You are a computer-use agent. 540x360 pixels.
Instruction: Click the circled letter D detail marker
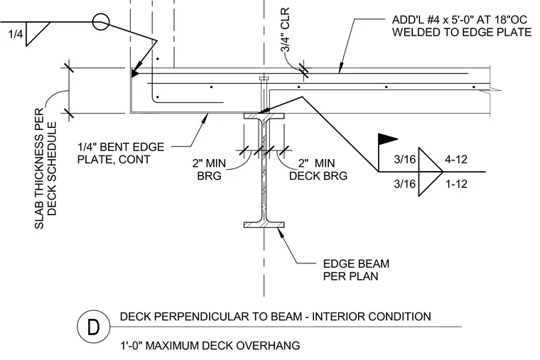tap(93, 327)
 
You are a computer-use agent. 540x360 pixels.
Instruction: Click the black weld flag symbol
tap(388, 138)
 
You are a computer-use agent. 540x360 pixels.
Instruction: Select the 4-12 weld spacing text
tap(456, 159)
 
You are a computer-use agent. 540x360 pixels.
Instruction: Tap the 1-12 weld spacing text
tap(456, 184)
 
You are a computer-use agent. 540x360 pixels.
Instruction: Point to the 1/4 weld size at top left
tap(16, 34)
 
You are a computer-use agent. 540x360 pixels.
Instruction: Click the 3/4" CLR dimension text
tap(286, 30)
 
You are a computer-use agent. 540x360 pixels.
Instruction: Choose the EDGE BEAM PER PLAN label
tap(356, 270)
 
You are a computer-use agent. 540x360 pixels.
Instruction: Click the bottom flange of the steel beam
tap(264, 225)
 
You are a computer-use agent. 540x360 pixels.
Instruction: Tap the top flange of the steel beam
tap(264, 116)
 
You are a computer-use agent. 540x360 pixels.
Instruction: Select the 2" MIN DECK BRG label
tap(318, 169)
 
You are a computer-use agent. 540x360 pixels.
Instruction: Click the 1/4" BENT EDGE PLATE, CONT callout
tap(121, 153)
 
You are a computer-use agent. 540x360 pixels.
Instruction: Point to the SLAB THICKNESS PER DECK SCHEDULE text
tap(45, 168)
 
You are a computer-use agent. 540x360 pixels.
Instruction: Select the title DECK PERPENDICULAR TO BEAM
tap(213, 316)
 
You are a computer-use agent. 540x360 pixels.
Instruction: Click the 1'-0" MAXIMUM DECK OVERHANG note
tap(210, 345)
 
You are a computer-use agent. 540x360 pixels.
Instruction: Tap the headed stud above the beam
tap(264, 94)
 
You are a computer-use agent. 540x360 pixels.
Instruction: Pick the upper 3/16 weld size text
tap(405, 159)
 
